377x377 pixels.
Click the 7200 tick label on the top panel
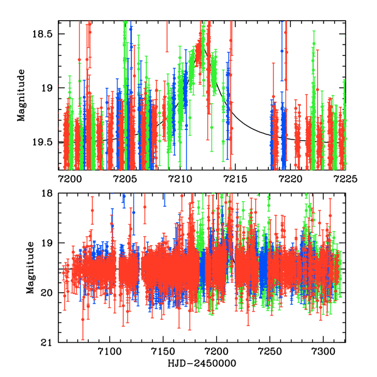(x=69, y=178)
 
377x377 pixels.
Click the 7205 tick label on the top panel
(x=124, y=178)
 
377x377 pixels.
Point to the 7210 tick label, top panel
(x=180, y=178)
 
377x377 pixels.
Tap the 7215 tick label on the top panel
(x=234, y=178)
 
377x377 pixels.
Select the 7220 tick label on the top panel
(x=290, y=178)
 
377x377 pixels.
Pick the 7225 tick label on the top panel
(x=344, y=178)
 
